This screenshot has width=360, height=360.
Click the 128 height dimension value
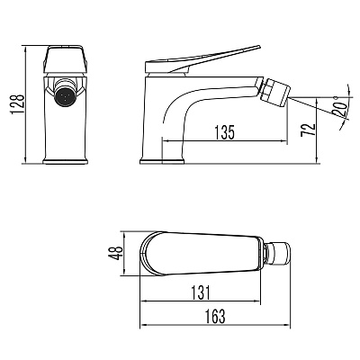point(17,104)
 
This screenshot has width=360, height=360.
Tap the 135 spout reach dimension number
point(224,132)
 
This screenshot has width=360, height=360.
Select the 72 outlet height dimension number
point(309,130)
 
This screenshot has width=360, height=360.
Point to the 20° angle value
point(339,110)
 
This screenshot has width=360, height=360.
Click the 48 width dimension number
point(115,253)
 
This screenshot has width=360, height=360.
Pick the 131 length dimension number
point(201,292)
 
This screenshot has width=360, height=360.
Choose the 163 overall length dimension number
point(215,316)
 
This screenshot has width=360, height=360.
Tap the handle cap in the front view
point(66,59)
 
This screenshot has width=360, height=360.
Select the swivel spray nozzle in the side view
point(274,92)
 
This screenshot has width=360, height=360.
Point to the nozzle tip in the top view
point(279,253)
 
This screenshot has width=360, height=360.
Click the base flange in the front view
point(66,161)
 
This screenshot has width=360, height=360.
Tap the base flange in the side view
point(162,161)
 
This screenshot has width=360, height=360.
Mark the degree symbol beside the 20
point(336,97)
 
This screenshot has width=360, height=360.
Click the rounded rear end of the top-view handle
point(146,253)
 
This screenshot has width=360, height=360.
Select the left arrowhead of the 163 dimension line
point(143,325)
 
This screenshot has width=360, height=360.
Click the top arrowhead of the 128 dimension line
point(25,49)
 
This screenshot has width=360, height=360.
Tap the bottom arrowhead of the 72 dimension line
point(318,160)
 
